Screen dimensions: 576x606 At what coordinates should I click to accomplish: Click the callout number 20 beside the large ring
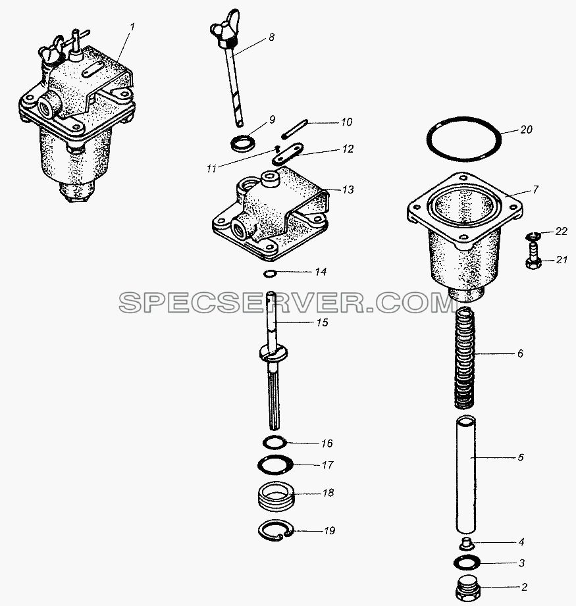pyautogui.click(x=526, y=129)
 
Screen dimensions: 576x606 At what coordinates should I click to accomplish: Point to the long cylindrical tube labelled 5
pyautogui.click(x=466, y=474)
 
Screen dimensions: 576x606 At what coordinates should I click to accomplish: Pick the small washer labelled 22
pyautogui.click(x=532, y=235)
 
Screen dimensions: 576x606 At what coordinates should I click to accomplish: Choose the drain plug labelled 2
pyautogui.click(x=469, y=588)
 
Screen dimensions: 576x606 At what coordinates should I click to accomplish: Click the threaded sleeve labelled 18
pyautogui.click(x=276, y=497)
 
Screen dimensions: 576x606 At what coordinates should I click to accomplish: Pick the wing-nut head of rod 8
pyautogui.click(x=225, y=30)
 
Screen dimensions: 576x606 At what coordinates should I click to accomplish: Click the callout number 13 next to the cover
pyautogui.click(x=348, y=189)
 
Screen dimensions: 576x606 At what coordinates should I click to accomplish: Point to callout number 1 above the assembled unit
pyautogui.click(x=132, y=27)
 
